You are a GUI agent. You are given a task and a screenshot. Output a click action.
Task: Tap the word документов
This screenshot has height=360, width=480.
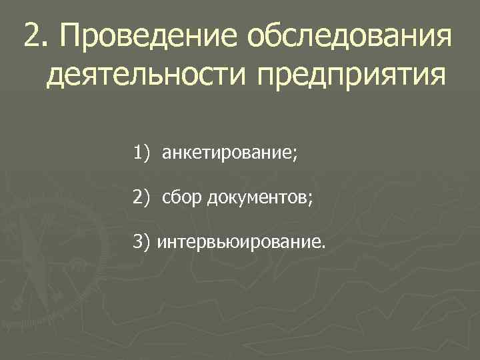tap(255, 197)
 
